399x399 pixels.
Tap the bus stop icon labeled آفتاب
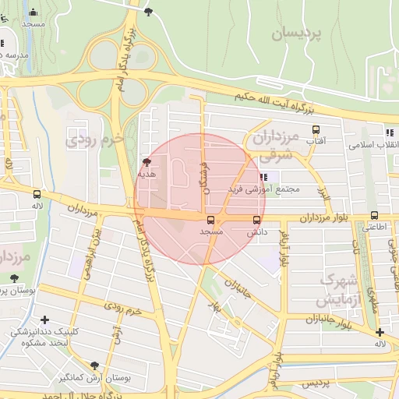(316, 130)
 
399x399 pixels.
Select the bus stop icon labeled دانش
(257, 221)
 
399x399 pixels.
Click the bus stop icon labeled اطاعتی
(374, 216)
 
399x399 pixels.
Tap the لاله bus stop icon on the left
(37, 194)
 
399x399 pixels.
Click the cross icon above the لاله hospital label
(379, 333)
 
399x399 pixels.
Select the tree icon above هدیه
(147, 163)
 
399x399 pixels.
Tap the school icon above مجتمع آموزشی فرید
(263, 177)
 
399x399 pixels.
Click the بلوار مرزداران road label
(312, 216)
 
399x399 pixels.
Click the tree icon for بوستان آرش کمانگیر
(95, 365)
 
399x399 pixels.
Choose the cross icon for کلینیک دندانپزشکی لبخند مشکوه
(44, 320)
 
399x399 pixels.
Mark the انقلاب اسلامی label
(373, 145)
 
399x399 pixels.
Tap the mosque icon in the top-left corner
(33, 12)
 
